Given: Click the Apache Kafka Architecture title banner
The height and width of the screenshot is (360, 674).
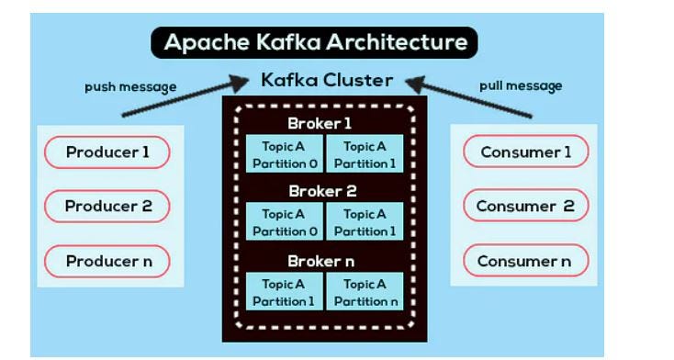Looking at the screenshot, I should (315, 42).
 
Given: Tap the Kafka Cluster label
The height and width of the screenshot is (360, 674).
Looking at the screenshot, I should (326, 80).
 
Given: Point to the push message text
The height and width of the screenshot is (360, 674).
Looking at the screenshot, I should (130, 87).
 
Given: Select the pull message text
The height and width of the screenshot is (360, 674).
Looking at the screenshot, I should (521, 86).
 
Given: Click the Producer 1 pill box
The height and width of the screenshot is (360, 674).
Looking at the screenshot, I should (107, 152).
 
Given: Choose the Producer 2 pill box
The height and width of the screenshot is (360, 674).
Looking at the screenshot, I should (107, 206).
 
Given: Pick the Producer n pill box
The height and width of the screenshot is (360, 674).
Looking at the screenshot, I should (107, 261).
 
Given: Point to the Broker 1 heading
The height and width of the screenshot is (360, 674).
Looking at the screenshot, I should (320, 123).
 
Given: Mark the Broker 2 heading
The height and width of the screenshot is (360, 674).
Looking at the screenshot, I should (320, 191).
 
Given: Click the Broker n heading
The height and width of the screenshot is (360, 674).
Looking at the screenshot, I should (320, 261).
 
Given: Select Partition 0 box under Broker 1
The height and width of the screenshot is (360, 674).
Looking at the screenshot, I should (284, 154).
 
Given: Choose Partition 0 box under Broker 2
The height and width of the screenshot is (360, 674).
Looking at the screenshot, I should (284, 222).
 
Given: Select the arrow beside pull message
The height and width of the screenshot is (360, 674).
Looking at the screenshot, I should (468, 96).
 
